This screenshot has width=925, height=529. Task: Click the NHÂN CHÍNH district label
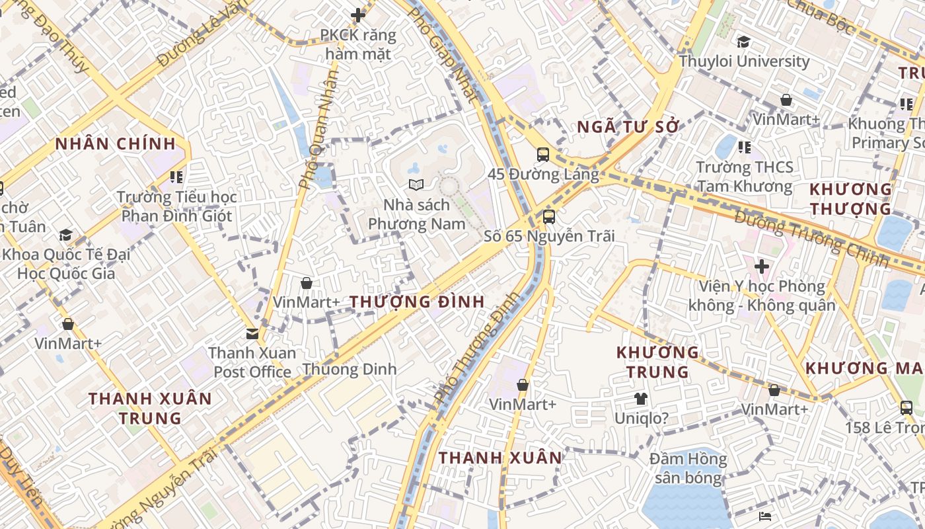tap(116, 144)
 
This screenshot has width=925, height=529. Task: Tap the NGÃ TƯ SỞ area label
tap(628, 127)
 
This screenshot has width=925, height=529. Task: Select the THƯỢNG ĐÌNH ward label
tap(417, 302)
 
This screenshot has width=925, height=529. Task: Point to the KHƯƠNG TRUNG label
tap(657, 362)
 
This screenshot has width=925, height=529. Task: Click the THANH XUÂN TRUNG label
tap(150, 409)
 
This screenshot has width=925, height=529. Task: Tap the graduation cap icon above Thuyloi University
tap(743, 42)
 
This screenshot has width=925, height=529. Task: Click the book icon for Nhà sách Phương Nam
tap(415, 184)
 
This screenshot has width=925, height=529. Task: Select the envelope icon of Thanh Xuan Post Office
tap(252, 333)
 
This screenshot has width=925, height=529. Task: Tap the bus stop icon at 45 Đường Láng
tap(542, 155)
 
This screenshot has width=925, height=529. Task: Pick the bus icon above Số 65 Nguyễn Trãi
tap(548, 216)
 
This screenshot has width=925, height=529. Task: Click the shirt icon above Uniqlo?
tap(640, 398)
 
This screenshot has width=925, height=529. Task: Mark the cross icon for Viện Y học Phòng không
tap(761, 266)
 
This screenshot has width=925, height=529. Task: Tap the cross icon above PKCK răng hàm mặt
tap(358, 15)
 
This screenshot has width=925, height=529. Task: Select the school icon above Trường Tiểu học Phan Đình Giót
tap(176, 177)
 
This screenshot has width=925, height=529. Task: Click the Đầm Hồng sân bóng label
tap(687, 468)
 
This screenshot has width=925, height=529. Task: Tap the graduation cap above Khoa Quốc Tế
tap(65, 235)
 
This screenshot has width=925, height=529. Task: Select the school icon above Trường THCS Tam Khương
tap(745, 147)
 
